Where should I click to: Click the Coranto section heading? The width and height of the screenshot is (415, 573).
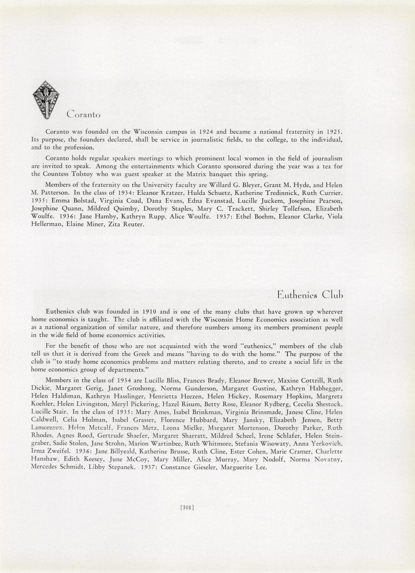pyautogui.click(x=83, y=114)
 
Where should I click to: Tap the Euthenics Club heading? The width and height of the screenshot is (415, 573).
pyautogui.click(x=310, y=295)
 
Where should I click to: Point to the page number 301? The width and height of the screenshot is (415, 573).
pyautogui.click(x=187, y=507)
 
